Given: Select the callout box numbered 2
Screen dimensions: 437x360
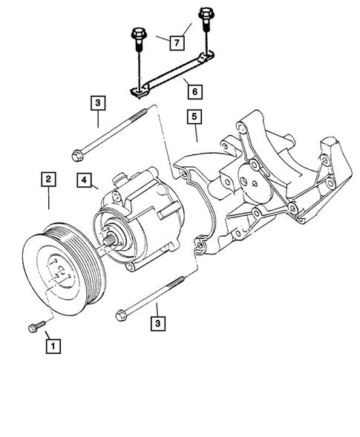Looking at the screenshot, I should click(48, 179).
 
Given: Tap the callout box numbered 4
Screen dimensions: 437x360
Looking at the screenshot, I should click(82, 179).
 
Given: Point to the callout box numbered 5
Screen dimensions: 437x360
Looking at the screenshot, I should click(194, 116).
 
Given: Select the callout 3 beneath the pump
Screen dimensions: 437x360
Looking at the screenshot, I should click(157, 323).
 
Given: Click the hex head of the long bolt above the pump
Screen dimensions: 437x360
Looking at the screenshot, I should click(79, 156).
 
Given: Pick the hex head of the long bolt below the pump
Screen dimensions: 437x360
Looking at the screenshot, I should click(122, 316).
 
